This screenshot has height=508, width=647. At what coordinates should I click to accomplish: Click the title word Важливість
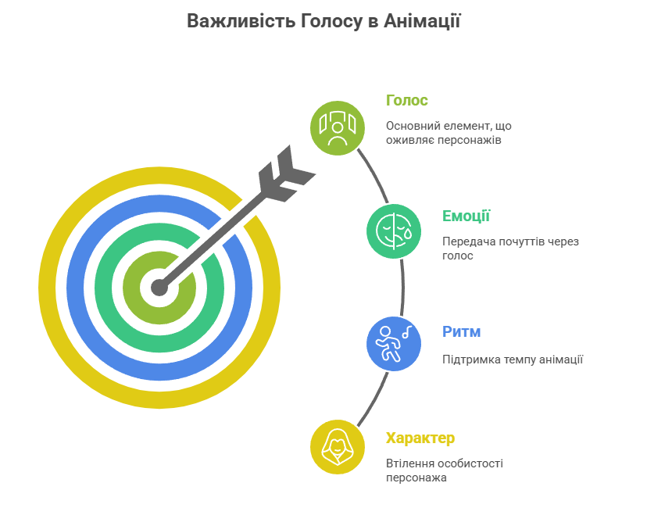tap(241, 21)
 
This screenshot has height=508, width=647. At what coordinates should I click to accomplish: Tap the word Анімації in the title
tap(422, 21)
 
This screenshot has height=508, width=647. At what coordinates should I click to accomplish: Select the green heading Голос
tap(407, 100)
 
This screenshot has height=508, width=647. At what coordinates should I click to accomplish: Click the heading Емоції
tap(466, 216)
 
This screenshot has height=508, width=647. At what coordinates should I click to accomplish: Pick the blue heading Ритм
tap(461, 332)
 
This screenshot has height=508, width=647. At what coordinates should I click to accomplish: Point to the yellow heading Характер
tap(420, 438)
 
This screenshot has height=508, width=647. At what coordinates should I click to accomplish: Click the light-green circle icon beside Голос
tap(338, 128)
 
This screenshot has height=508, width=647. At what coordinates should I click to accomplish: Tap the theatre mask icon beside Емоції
tap(394, 231)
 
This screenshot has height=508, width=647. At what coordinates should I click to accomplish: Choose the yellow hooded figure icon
tap(338, 447)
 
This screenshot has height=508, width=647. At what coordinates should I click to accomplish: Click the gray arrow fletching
tap(285, 174)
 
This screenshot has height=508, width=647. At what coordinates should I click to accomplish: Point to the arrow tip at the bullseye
tap(159, 288)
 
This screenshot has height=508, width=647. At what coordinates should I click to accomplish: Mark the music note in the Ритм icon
tap(407, 332)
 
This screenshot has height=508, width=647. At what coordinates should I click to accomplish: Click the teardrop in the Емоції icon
tap(408, 234)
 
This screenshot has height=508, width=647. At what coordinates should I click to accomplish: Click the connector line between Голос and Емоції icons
tap(374, 174)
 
